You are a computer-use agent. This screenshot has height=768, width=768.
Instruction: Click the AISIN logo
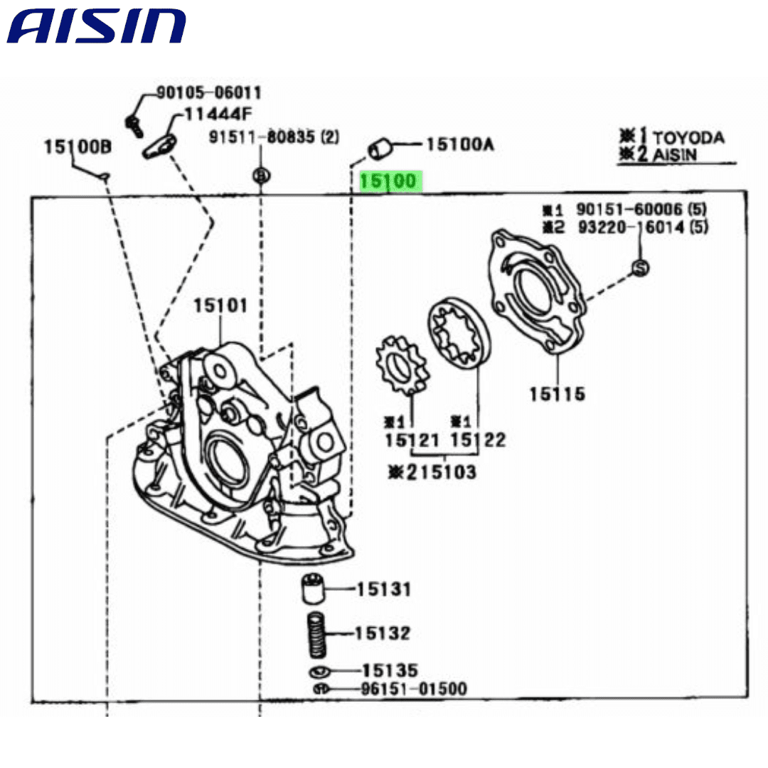click(x=97, y=27)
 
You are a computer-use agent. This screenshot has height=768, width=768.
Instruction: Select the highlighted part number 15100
click(x=390, y=181)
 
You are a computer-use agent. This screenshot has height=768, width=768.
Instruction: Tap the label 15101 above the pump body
click(x=220, y=306)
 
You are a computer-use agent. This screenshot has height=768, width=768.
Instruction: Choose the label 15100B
click(x=78, y=147)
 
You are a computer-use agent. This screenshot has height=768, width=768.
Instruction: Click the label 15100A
click(x=459, y=145)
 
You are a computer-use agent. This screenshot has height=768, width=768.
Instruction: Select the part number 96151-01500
click(x=413, y=688)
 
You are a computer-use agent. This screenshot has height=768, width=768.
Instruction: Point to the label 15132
click(x=383, y=633)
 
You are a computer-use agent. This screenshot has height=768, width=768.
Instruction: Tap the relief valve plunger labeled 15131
click(x=311, y=589)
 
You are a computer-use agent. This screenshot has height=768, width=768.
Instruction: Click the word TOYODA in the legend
click(x=688, y=138)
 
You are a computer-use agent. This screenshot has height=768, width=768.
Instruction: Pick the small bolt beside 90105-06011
click(x=134, y=124)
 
